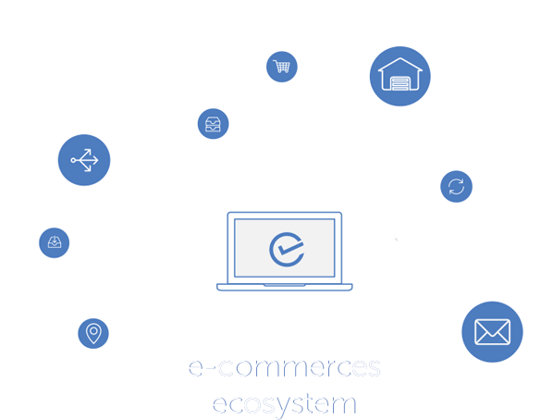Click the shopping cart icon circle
click(x=281, y=67)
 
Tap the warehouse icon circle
click(x=400, y=76)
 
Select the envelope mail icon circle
click(x=492, y=331)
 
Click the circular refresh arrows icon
click(x=456, y=186)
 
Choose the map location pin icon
click(x=93, y=333)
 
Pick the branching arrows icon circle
click(x=84, y=160)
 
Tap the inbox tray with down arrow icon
click(x=55, y=242)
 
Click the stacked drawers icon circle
click(x=213, y=124)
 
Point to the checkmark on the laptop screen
click(x=290, y=248)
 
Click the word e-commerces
click(x=284, y=367)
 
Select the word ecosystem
click(x=284, y=404)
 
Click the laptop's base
click(x=284, y=287)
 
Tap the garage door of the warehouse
click(x=400, y=83)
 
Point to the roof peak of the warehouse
click(x=400, y=58)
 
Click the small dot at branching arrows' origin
click(x=73, y=160)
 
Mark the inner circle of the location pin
click(x=93, y=331)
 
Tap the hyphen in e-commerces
click(x=212, y=368)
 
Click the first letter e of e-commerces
click(x=196, y=368)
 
